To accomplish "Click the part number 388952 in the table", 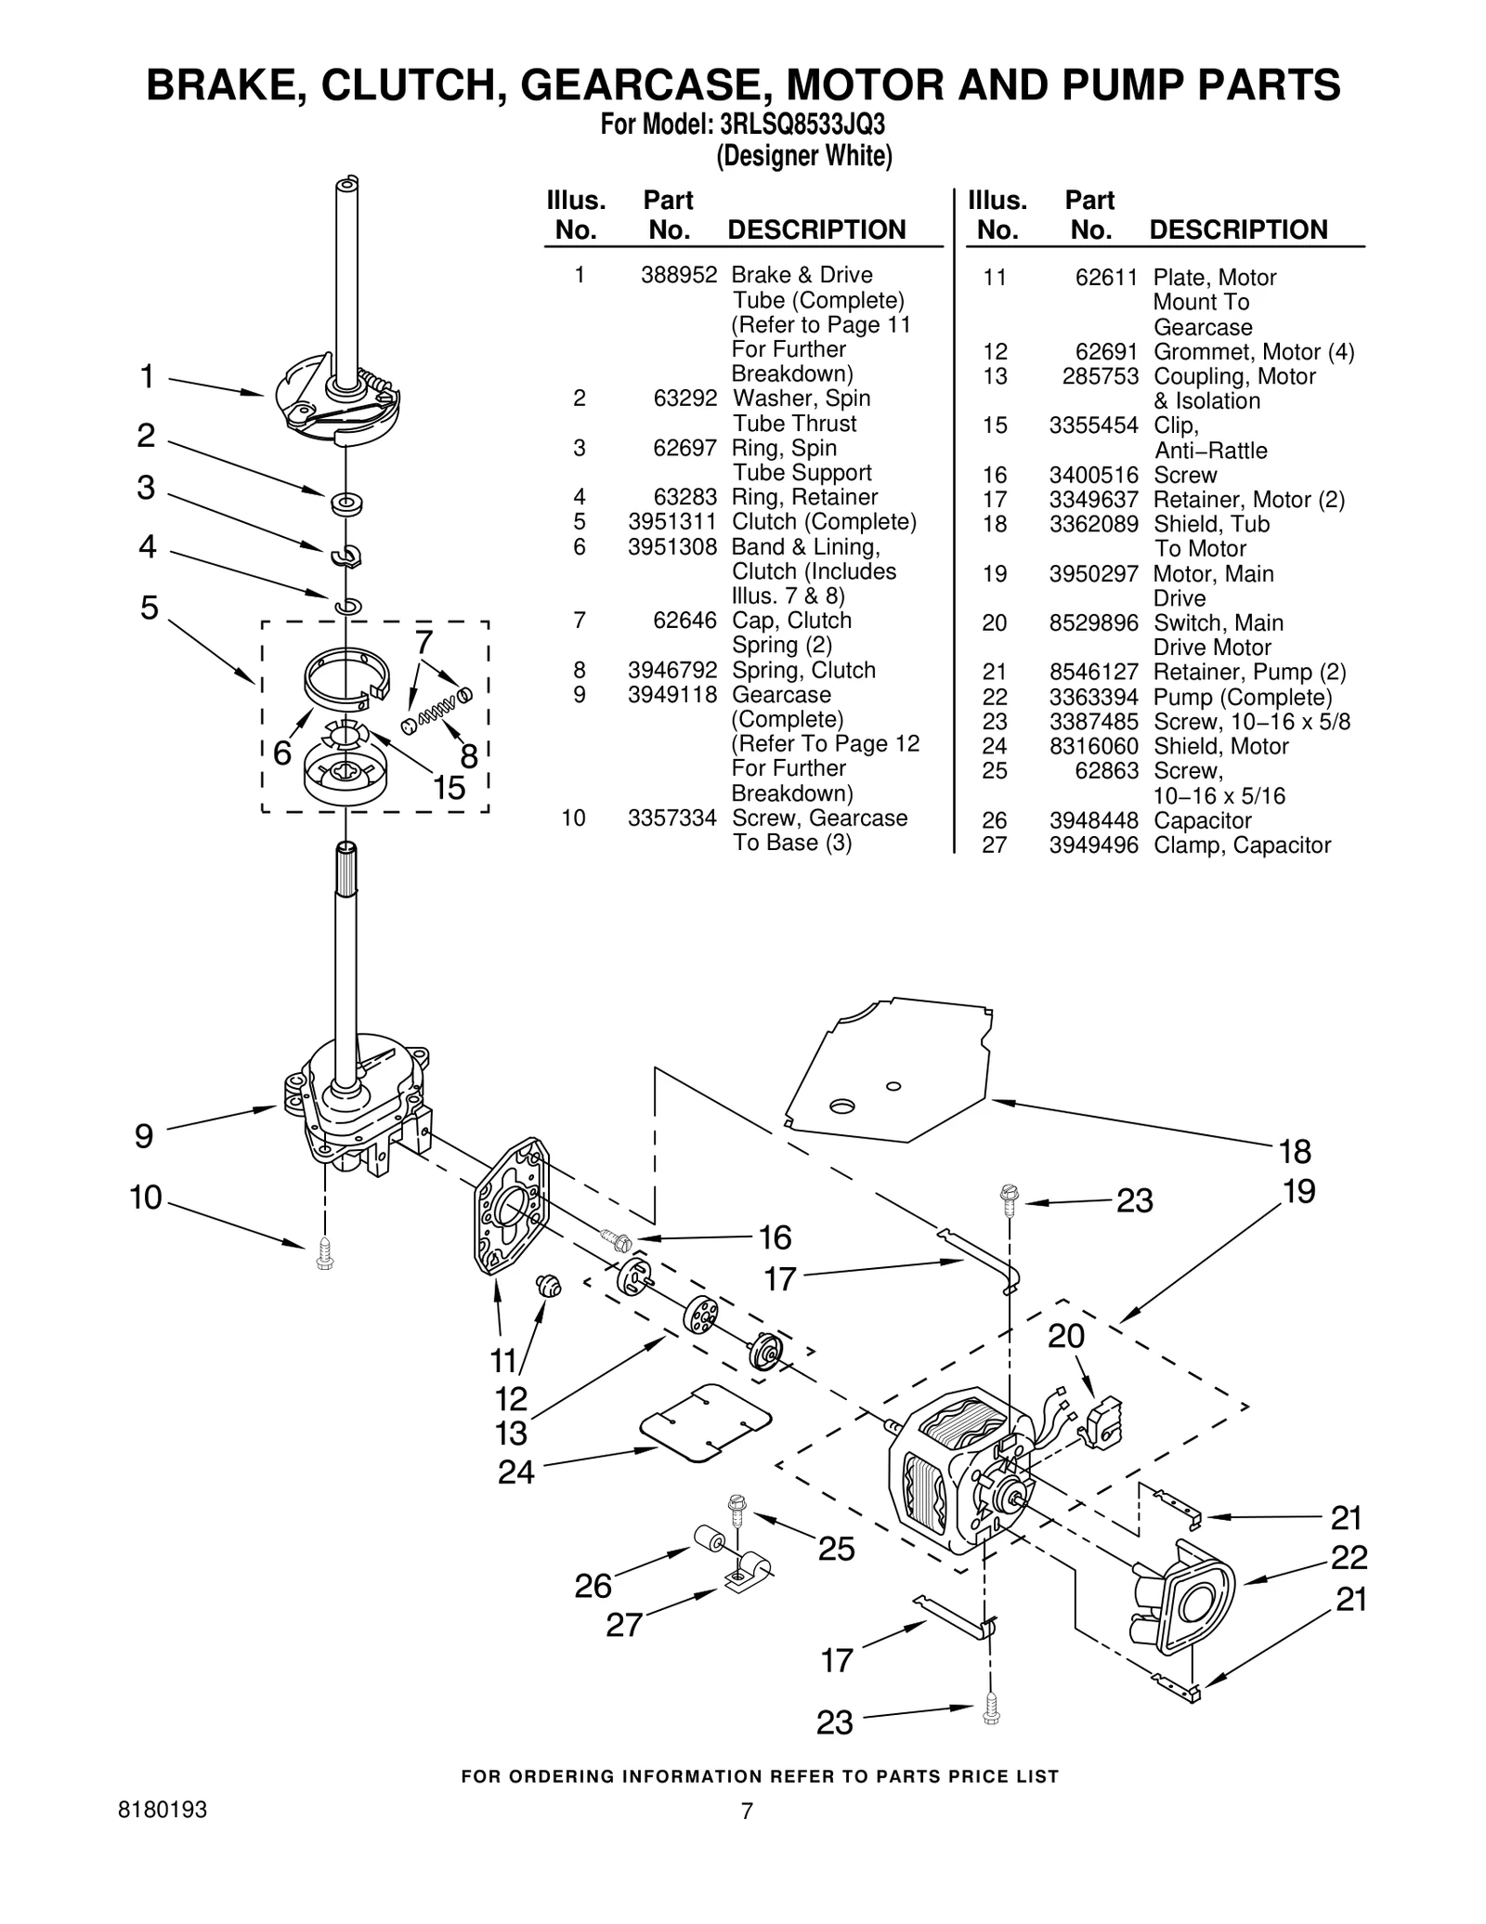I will (x=678, y=275).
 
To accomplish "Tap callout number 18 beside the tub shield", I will (x=1295, y=1151).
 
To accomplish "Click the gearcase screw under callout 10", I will (x=324, y=1253).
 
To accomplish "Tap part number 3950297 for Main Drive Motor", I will (x=1093, y=574).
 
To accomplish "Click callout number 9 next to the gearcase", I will (x=144, y=1136).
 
